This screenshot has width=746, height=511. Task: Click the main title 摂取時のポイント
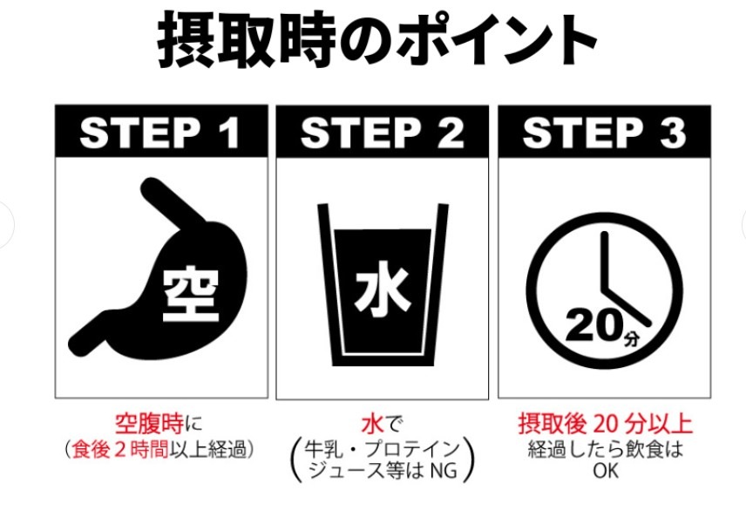[x=376, y=39]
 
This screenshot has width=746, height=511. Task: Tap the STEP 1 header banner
[x=161, y=131]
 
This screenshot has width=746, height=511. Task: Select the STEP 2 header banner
[x=382, y=131]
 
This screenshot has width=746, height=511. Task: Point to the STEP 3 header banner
[x=604, y=131]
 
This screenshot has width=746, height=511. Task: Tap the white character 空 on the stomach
[x=191, y=296]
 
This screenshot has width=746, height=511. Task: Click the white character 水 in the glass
[x=382, y=291]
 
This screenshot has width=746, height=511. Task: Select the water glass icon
[x=383, y=285]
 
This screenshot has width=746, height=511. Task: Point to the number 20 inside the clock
[x=593, y=326]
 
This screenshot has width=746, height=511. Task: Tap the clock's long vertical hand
[x=605, y=262]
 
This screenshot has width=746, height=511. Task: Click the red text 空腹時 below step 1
[x=149, y=424]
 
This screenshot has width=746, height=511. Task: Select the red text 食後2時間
[x=120, y=450]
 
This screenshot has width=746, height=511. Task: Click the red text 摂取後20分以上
[x=605, y=424]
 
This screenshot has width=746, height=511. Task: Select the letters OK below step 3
[x=605, y=472]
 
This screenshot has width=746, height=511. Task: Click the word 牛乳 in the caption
[x=323, y=449]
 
